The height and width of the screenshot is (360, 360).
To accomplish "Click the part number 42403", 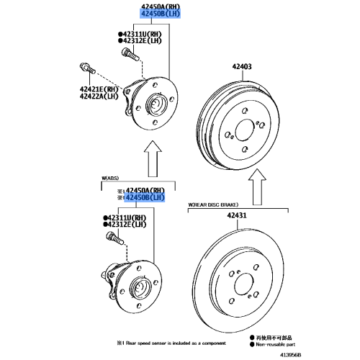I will click(x=241, y=67).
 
